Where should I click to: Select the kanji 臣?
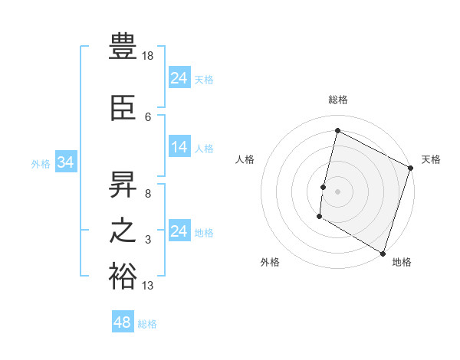[x=123, y=110]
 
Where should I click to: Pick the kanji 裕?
[x=123, y=277]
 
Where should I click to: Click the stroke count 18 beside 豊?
[x=149, y=57]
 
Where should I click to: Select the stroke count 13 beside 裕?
[x=149, y=286]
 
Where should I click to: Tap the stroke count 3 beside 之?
[x=148, y=240]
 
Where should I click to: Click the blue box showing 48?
[x=123, y=322]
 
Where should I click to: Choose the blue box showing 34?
[x=65, y=163]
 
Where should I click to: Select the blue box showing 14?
[x=179, y=148]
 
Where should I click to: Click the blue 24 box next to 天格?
[x=179, y=78]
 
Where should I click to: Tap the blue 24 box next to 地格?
[x=179, y=231]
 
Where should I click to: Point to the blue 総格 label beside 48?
[x=147, y=324]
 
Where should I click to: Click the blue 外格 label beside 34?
[x=41, y=164]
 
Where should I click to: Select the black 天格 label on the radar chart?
[x=431, y=159]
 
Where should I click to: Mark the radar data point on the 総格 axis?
[x=337, y=131]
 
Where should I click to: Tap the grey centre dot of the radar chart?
[x=337, y=191]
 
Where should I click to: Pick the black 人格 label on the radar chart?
[x=245, y=159]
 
